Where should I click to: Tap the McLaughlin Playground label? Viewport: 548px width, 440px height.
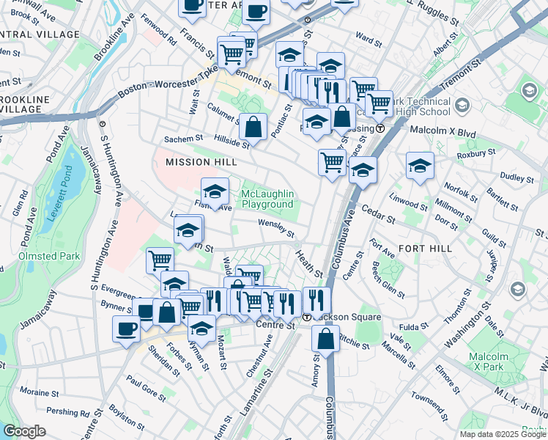tap(267, 199)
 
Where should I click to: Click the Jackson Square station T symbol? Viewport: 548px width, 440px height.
tap(308, 317)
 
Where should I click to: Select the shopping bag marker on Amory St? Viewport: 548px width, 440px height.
tap(325, 340)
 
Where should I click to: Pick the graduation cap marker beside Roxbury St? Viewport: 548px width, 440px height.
tap(420, 166)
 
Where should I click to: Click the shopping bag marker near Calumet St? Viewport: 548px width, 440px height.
tap(253, 125)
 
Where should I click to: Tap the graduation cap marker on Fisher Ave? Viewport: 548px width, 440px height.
tap(214, 191)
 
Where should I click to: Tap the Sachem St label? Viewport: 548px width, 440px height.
tap(183, 139)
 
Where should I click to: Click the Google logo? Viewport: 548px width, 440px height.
tap(24, 431)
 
